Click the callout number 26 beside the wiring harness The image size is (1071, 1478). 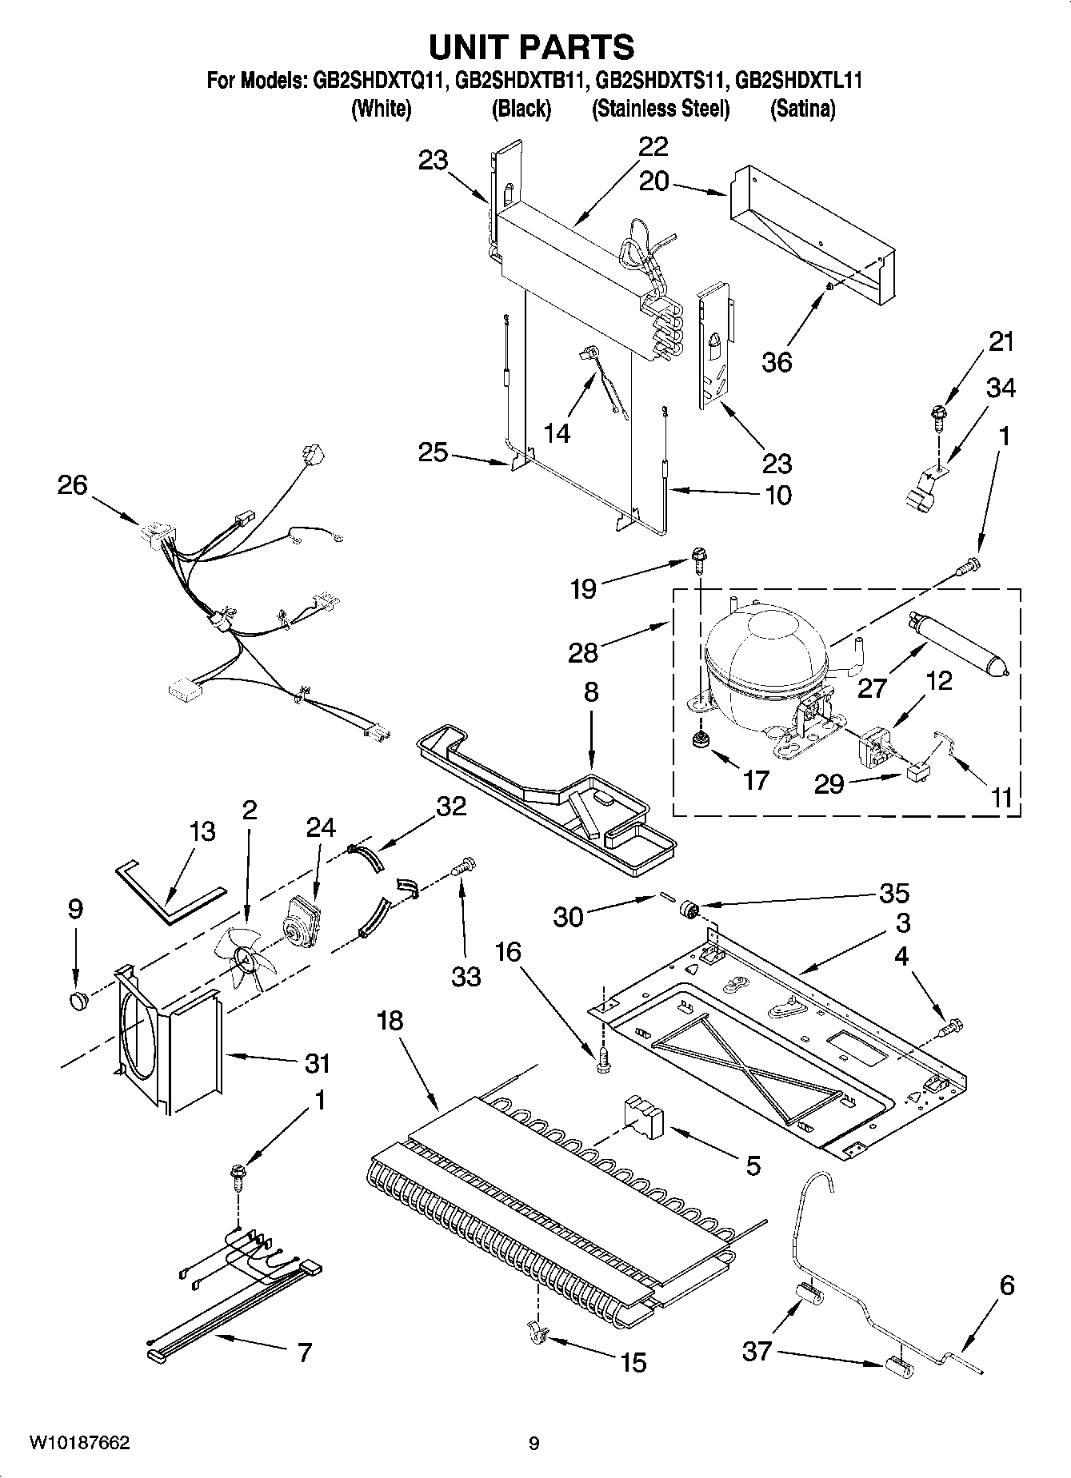pyautogui.click(x=72, y=485)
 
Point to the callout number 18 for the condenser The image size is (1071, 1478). pyautogui.click(x=391, y=1021)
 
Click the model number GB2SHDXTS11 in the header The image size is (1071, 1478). pyautogui.click(x=661, y=81)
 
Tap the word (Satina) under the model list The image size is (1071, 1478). pyautogui.click(x=802, y=109)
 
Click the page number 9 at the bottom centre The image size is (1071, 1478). pyautogui.click(x=534, y=1443)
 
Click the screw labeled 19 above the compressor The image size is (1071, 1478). pyautogui.click(x=699, y=557)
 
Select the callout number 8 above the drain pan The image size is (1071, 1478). pyautogui.click(x=590, y=691)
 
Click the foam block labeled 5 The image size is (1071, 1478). pyautogui.click(x=641, y=1116)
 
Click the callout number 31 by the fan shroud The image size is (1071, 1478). pyautogui.click(x=317, y=1064)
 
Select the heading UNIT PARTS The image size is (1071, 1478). pyautogui.click(x=532, y=47)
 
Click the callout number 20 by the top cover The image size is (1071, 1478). pyautogui.click(x=654, y=181)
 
